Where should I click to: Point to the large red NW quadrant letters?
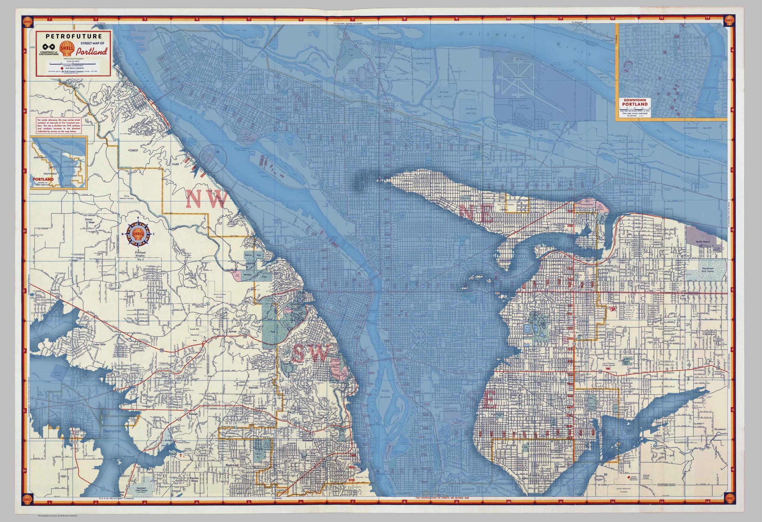[x=207, y=199]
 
